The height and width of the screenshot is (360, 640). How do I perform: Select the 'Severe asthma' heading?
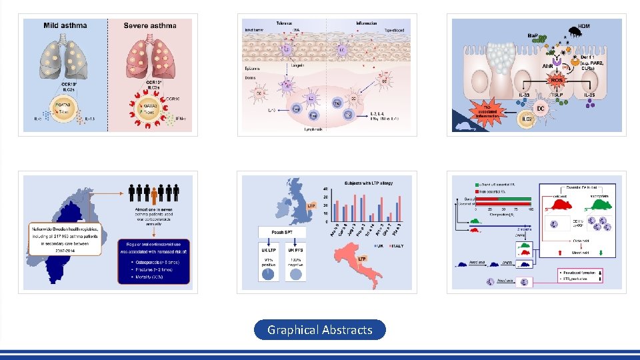pos(150,26)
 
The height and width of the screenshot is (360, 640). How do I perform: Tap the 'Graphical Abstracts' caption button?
pos(320,329)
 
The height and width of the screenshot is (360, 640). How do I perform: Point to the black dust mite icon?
pos(573,30)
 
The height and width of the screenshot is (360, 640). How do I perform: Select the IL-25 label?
pos(589,95)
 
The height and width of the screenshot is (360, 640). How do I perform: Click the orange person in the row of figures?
pos(154,194)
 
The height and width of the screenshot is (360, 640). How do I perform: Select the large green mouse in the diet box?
pos(597,212)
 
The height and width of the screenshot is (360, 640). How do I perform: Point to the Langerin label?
pos(300,65)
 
